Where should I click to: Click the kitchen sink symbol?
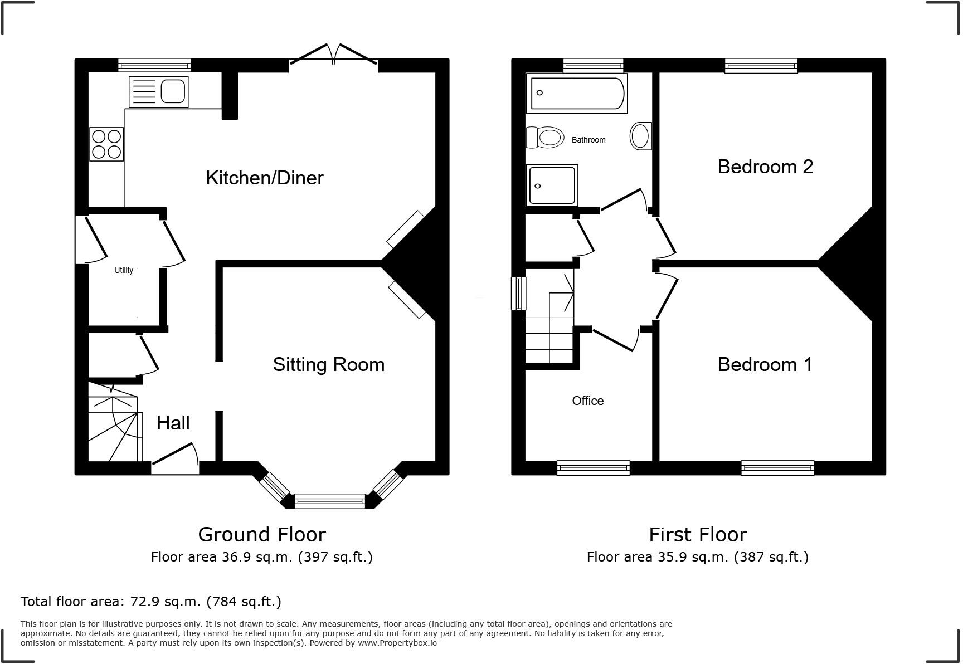(x=159, y=92)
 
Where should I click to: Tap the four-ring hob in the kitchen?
(x=106, y=144)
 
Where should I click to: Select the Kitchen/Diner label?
(x=264, y=178)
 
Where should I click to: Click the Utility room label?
(x=124, y=270)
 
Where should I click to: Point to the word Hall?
(x=173, y=423)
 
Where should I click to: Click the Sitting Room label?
(x=328, y=364)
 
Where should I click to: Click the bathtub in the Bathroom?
(x=577, y=93)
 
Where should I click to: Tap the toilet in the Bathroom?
(x=545, y=137)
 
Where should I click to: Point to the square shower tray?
(x=552, y=185)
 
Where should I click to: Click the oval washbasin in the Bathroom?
(x=640, y=136)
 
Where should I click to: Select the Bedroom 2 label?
(x=765, y=167)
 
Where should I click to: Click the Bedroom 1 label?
(x=765, y=364)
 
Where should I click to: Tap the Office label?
(x=587, y=401)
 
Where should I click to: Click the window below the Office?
(x=593, y=468)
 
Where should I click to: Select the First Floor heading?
(x=697, y=534)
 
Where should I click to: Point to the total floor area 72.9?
(x=142, y=602)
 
